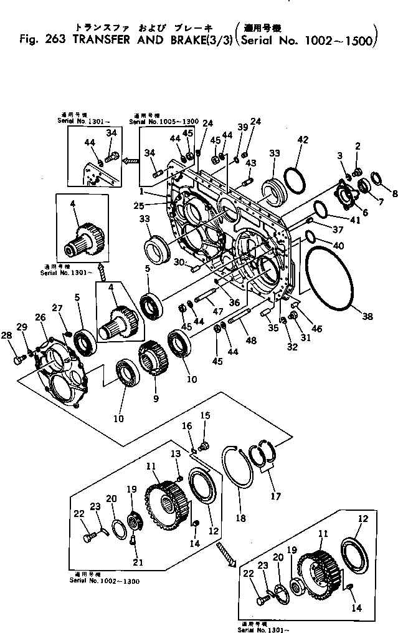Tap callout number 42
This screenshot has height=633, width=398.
coord(303,140)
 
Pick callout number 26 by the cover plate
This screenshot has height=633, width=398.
coord(40,317)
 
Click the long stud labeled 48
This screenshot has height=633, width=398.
coord(236,325)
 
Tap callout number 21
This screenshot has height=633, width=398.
coord(138,563)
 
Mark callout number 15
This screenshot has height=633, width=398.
coord(206,415)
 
